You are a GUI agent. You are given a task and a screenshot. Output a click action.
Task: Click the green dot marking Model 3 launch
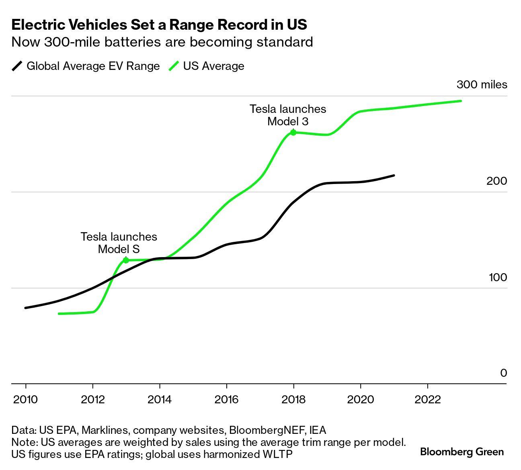point(293,133)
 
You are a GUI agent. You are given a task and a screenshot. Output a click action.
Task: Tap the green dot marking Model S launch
point(126,260)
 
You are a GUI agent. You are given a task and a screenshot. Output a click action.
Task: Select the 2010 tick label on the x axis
point(25,400)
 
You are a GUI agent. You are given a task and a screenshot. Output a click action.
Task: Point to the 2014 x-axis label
point(159,400)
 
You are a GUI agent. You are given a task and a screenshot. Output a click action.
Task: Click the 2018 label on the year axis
point(293,400)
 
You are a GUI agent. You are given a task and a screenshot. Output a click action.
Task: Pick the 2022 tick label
point(427,400)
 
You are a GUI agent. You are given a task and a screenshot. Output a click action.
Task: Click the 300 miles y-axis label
point(482,85)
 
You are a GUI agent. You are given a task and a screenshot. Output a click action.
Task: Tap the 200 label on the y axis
point(497,181)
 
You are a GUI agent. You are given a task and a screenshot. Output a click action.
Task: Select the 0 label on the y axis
point(503,373)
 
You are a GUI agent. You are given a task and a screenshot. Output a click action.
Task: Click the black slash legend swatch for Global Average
point(17,66)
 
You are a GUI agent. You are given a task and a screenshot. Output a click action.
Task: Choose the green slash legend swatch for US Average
point(174,66)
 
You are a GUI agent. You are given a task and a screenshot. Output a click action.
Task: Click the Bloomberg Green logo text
point(462,452)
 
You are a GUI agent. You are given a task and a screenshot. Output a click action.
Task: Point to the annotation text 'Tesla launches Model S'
point(119,243)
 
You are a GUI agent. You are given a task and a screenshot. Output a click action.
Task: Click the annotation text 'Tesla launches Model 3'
point(288,115)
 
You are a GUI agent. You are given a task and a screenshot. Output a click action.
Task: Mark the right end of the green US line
point(461,101)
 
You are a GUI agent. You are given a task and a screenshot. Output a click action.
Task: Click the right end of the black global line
point(394,176)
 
